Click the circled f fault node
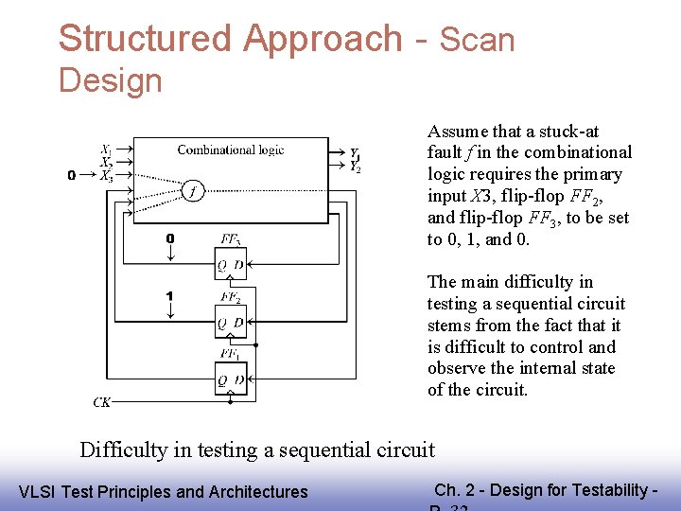[x=193, y=190]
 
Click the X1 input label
[x=106, y=150]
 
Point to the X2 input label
[x=106, y=162]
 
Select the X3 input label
[x=106, y=175]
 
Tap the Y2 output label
[x=355, y=167]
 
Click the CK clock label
[x=102, y=402]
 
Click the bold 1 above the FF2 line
[x=169, y=296]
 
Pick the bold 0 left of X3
[x=72, y=175]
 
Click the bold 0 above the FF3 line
[x=169, y=238]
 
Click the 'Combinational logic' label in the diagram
[x=230, y=150]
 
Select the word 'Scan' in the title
[x=478, y=41]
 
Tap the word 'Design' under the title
[x=111, y=80]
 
